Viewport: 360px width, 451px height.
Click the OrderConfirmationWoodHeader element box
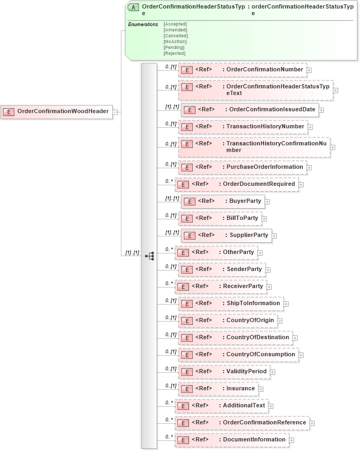[x=56, y=111]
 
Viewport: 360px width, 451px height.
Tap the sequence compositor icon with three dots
[x=150, y=256]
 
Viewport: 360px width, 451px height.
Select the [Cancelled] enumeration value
[x=175, y=36]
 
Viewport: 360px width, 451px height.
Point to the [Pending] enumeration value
[x=174, y=47]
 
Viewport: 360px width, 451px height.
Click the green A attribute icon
[x=133, y=7]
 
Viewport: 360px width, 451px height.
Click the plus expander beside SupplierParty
[x=275, y=235]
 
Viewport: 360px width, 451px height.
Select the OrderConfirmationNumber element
[x=242, y=69]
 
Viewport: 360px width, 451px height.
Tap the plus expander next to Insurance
[x=261, y=389]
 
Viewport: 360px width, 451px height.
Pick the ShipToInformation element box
[x=231, y=304]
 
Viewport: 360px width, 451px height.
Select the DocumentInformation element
[x=232, y=440]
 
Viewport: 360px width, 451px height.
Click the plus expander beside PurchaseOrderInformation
[x=309, y=168]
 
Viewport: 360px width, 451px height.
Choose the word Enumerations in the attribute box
[x=143, y=24]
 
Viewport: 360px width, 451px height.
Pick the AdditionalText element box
[x=221, y=406]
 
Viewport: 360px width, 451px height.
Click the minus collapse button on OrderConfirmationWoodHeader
[x=115, y=112]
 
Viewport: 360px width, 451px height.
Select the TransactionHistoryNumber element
[x=242, y=127]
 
